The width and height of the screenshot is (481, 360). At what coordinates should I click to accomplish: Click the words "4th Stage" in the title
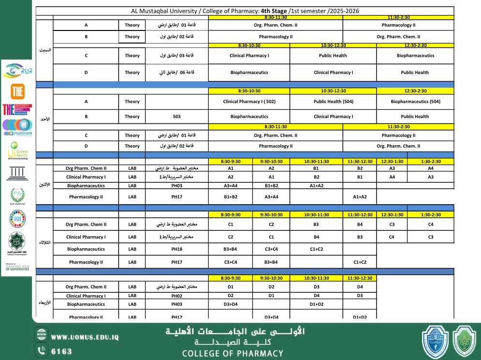(274, 11)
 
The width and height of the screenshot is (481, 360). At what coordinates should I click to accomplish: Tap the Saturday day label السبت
(45, 50)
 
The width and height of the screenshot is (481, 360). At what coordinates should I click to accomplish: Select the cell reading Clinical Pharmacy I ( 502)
(249, 102)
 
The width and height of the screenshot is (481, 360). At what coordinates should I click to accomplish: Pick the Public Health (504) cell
(333, 102)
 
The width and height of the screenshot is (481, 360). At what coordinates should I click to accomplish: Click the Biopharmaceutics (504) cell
(415, 102)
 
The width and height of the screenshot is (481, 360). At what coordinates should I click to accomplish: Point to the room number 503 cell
(177, 117)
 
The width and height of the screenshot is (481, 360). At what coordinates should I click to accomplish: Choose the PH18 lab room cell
(177, 249)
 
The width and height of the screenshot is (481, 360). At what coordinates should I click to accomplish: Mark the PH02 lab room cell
(177, 296)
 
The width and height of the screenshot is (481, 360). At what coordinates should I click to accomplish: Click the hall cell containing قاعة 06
(177, 73)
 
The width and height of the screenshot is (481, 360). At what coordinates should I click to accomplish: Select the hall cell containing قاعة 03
(177, 56)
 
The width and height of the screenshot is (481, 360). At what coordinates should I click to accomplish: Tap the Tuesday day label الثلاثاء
(45, 242)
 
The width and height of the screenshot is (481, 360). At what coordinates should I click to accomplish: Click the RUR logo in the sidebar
(17, 71)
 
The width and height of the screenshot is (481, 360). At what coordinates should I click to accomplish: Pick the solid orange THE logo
(17, 92)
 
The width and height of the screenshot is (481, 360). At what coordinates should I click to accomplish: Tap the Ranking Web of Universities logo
(17, 267)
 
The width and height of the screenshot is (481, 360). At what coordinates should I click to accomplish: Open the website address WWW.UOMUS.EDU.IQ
(84, 337)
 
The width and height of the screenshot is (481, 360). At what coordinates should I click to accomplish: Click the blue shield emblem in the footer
(435, 341)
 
